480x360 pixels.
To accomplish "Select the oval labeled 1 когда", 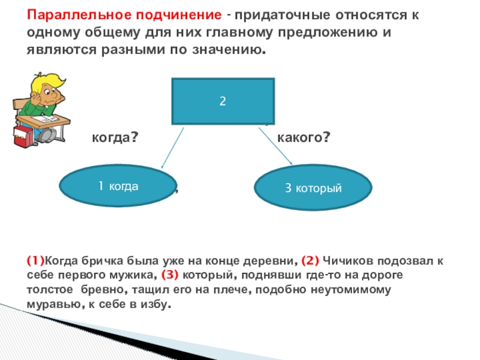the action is tap(118, 186).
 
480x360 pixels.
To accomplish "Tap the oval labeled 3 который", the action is tap(313, 188).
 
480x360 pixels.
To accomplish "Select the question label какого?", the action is tap(304, 138).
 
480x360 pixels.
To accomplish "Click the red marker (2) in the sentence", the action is tap(310, 261).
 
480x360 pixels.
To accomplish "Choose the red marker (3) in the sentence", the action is tap(170, 275).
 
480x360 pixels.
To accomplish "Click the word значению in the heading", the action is tap(227, 50).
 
